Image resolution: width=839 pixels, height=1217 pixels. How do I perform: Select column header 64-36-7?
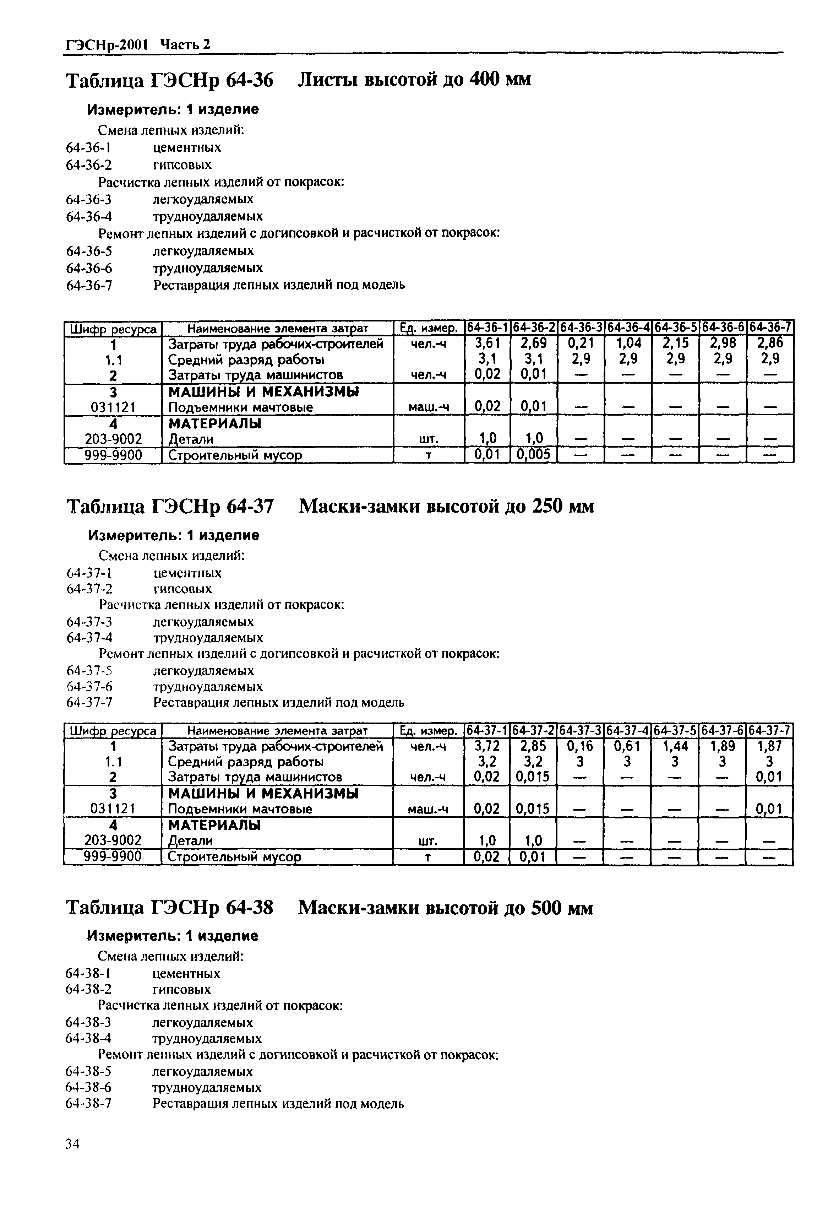pyautogui.click(x=770, y=327)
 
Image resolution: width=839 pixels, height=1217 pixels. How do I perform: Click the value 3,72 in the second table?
pyautogui.click(x=486, y=746)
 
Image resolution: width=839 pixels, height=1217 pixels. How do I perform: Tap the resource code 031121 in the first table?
pyautogui.click(x=113, y=406)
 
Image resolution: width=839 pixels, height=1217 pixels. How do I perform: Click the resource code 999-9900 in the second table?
pyautogui.click(x=113, y=857)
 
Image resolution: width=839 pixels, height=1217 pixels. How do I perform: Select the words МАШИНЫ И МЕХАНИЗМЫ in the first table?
pyautogui.click(x=263, y=391)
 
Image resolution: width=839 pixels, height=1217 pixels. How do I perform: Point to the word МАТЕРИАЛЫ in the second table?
pyautogui.click(x=214, y=825)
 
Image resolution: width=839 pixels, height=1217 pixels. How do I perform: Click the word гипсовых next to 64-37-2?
pyautogui.click(x=182, y=589)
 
